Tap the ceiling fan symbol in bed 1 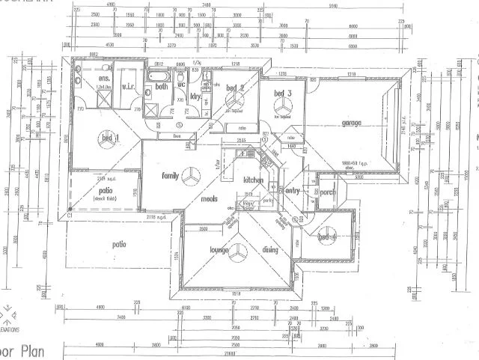(106, 137)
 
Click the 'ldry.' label (195, 97)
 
